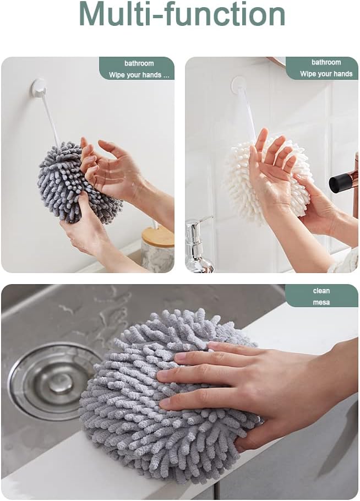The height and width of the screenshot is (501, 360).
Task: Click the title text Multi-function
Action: (x=182, y=14)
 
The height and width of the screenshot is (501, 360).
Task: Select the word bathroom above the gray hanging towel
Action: (x=139, y=63)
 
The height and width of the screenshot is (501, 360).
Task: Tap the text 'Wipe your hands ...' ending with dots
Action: (x=139, y=75)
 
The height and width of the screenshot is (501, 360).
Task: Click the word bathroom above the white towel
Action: (x=326, y=63)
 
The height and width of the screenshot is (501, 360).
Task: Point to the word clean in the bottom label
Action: (x=321, y=291)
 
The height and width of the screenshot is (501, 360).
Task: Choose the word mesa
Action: (x=321, y=302)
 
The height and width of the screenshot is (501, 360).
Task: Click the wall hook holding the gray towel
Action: (x=38, y=87)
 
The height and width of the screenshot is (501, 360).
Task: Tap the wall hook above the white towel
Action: (x=239, y=84)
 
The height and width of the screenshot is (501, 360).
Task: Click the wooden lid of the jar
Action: (x=157, y=236)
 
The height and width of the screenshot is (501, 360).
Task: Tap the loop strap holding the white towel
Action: (x=247, y=112)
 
